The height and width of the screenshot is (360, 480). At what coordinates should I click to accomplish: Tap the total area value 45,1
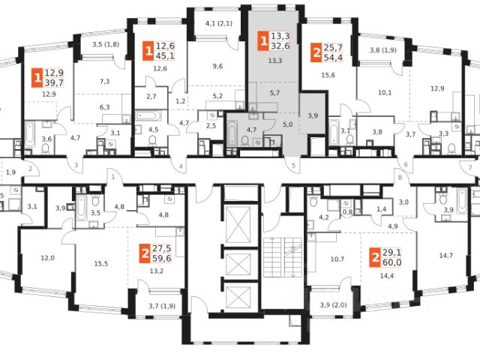click(x=166, y=55)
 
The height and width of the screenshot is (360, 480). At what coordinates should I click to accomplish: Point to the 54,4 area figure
click(x=334, y=58)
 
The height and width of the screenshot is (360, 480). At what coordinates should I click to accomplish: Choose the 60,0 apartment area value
click(x=393, y=263)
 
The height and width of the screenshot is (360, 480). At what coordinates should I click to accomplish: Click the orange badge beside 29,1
click(x=373, y=258)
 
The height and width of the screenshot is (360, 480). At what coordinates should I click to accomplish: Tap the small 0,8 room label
click(x=347, y=212)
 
